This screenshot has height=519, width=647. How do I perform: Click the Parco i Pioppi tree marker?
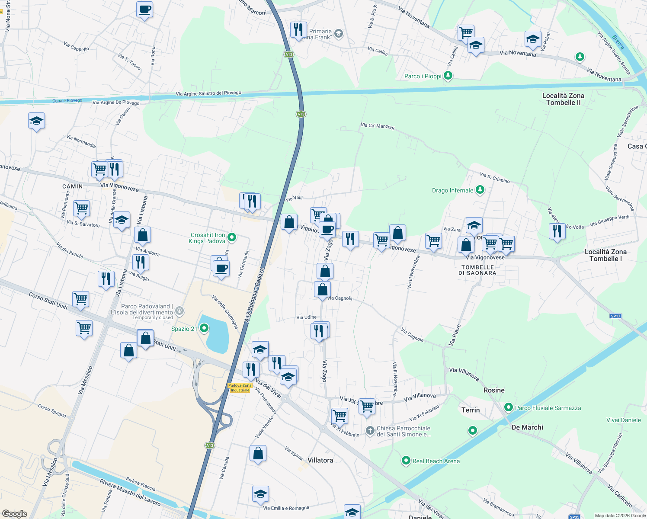448,76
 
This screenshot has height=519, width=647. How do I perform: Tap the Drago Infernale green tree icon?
480,190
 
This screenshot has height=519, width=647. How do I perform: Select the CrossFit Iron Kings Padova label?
208,238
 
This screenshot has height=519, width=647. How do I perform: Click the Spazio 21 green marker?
204,328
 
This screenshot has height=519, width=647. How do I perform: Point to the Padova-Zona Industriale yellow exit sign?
240,388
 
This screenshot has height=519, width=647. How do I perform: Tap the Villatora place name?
320,460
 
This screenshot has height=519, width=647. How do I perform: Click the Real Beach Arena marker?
406,461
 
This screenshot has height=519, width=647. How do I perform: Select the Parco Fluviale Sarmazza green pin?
509,407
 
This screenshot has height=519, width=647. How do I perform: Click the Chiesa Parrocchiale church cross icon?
370,430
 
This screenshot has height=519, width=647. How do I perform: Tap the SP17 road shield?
615,316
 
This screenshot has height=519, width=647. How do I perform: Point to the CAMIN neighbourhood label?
72,186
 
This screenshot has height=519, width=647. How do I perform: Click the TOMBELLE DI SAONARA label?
477,270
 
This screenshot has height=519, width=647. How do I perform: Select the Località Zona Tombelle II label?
563,99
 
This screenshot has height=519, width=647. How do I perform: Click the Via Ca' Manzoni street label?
378,126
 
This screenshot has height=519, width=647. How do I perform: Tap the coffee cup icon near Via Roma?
144,9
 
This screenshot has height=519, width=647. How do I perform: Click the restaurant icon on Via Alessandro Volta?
557,231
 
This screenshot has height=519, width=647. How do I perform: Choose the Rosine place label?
494,390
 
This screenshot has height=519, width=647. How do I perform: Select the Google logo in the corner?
14,513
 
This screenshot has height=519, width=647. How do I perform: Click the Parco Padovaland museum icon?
179,311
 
